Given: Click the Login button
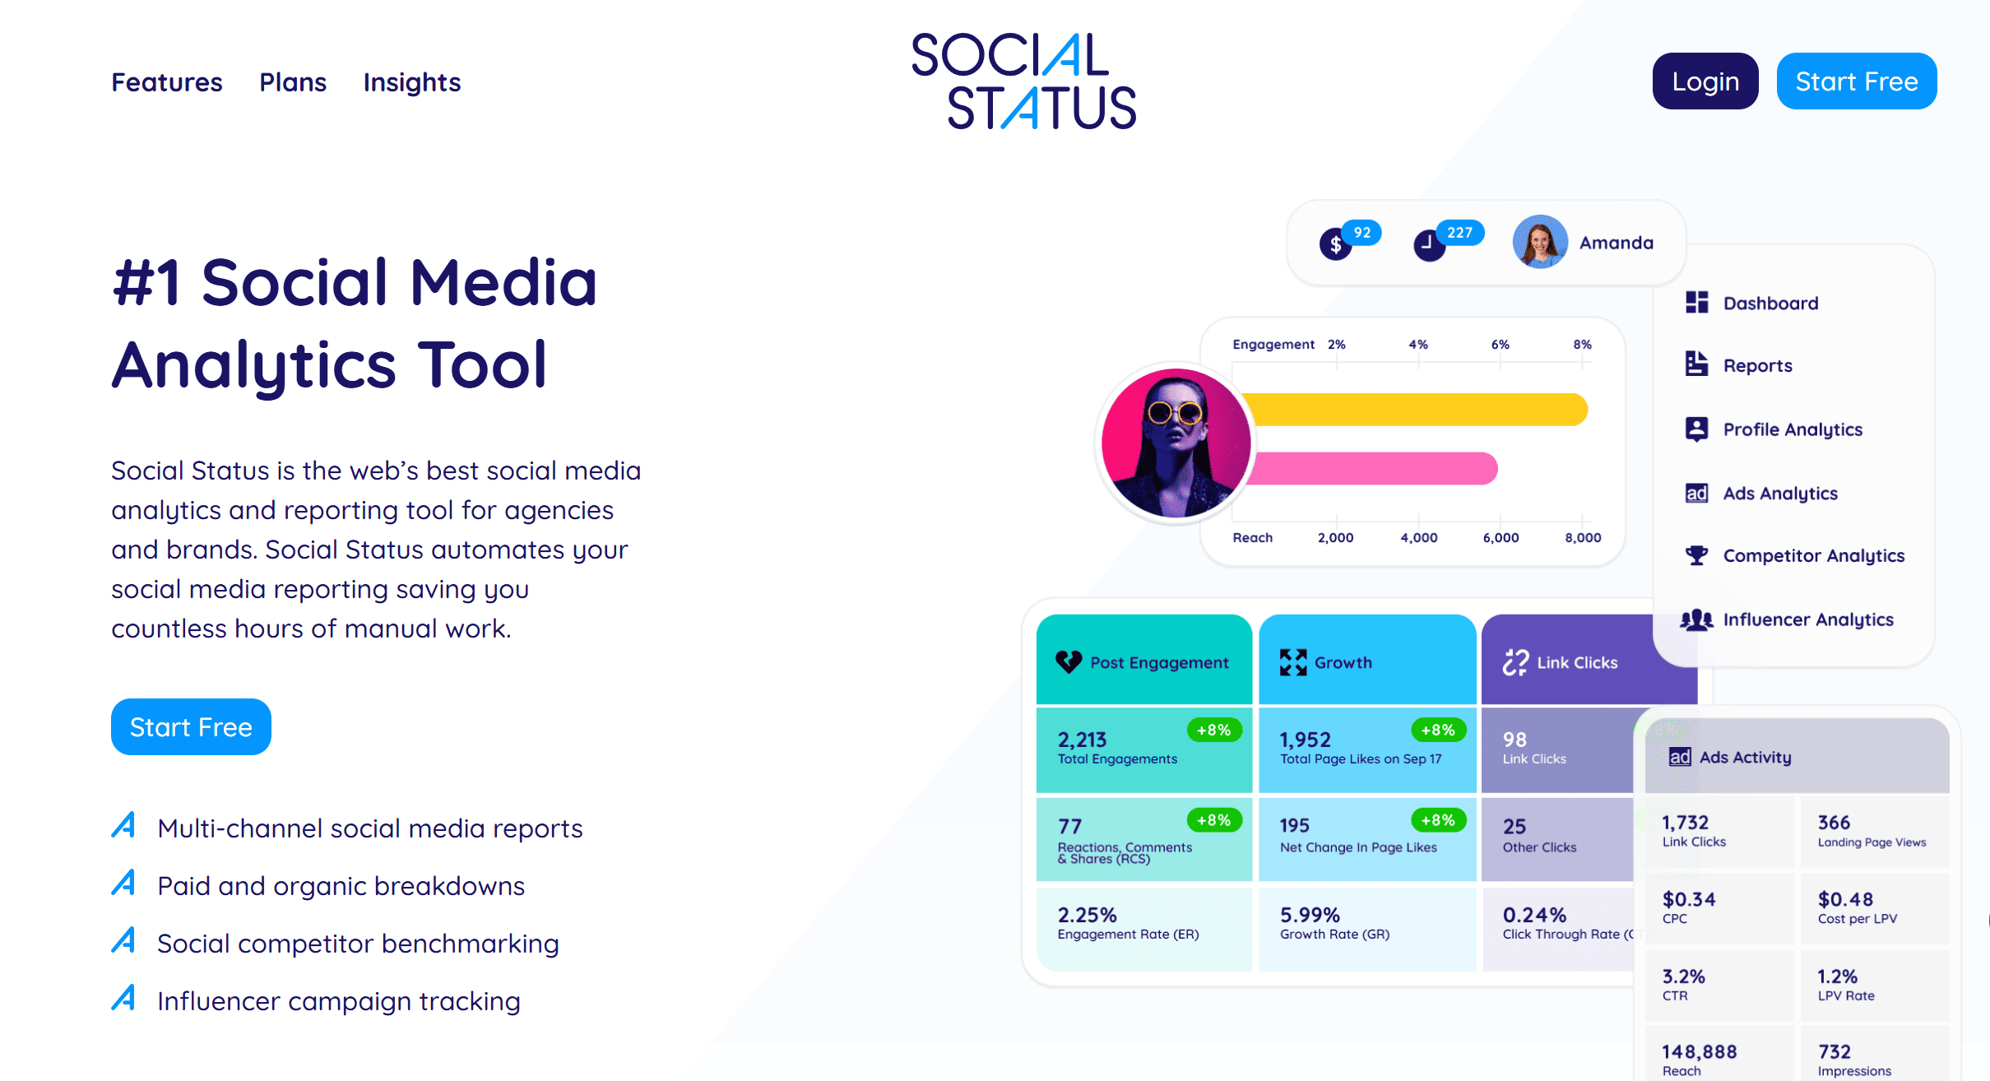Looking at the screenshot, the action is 1705,81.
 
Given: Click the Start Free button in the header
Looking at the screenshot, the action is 1856,81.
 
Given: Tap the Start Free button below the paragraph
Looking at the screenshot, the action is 191,726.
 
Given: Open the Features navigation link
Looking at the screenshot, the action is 167,82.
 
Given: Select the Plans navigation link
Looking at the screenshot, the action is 293,82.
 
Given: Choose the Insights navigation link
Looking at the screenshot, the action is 412,82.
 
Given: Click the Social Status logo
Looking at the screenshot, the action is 1023,81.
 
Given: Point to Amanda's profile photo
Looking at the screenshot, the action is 1540,242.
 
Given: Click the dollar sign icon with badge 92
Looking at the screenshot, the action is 1335,244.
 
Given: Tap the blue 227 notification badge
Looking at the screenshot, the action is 1460,233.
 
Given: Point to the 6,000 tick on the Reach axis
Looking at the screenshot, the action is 1501,537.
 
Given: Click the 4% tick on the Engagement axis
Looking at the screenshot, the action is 1418,344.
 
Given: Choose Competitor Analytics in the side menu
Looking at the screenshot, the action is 1814,555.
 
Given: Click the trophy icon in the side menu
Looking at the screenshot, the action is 1696,555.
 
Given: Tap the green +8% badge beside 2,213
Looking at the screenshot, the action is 1214,730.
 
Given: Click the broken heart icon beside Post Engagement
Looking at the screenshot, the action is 1069,661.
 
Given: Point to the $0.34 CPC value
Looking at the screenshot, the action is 1688,899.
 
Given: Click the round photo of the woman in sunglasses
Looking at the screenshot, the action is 1176,443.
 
